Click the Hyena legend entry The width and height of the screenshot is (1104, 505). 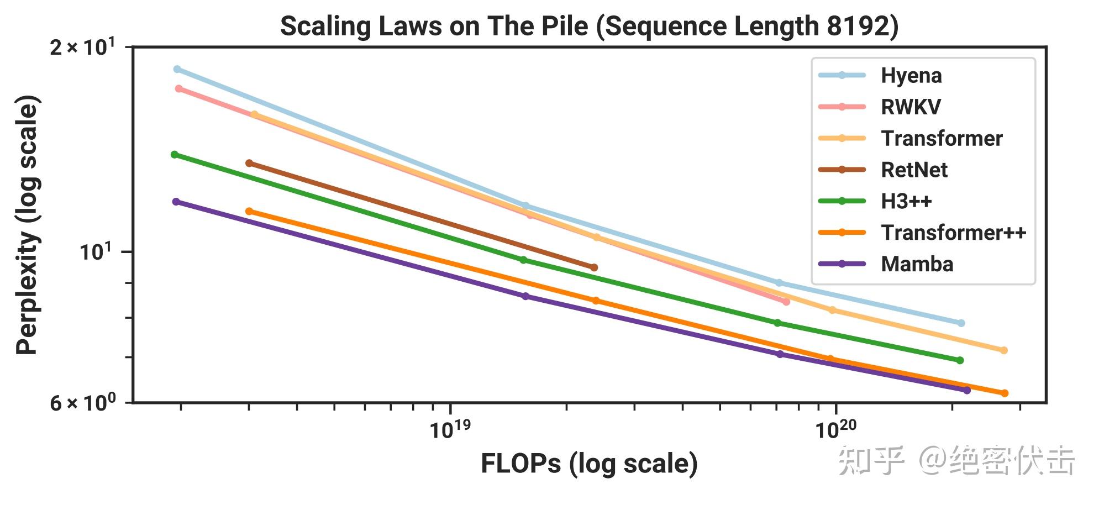pyautogui.click(x=911, y=76)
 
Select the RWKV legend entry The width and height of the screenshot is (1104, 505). pyautogui.click(x=910, y=107)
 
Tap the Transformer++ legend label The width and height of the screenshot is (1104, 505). pyautogui.click(x=953, y=233)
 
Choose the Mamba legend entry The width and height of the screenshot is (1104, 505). pyautogui.click(x=917, y=264)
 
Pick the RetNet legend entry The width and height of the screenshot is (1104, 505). pyautogui.click(x=913, y=170)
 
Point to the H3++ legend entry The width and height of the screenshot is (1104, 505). pyautogui.click(x=906, y=201)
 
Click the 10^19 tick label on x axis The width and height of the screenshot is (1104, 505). pyautogui.click(x=450, y=429)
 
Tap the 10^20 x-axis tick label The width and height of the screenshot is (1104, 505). pyautogui.click(x=835, y=429)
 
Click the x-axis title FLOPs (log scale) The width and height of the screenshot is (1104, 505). pyautogui.click(x=589, y=464)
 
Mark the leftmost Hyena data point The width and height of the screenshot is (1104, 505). pyautogui.click(x=177, y=69)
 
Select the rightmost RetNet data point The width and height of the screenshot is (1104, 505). pyautogui.click(x=594, y=267)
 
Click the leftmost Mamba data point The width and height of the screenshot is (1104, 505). pyautogui.click(x=176, y=202)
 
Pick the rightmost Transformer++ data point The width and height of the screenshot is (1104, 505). pyautogui.click(x=1005, y=393)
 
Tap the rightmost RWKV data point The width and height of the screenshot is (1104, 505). pyautogui.click(x=786, y=302)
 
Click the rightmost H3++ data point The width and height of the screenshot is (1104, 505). pyautogui.click(x=960, y=360)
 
